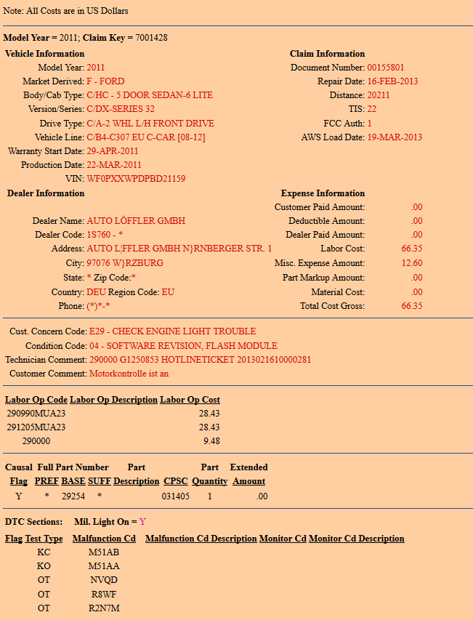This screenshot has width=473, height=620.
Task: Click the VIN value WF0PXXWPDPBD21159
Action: coord(136,178)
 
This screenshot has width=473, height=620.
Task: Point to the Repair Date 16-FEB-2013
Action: coord(392,81)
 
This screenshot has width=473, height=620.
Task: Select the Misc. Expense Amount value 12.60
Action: coord(411,263)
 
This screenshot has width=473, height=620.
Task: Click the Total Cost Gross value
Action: coord(411,306)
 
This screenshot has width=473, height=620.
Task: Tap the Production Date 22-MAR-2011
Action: coord(114,165)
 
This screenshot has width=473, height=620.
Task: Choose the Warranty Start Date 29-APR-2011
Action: coord(113,151)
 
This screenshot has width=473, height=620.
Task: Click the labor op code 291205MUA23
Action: coord(36,427)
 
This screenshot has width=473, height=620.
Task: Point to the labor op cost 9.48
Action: coord(211,441)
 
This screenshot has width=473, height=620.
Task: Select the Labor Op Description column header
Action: coord(113,400)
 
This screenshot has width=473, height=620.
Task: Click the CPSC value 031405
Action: coord(176,496)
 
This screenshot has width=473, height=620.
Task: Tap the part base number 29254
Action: coord(73,496)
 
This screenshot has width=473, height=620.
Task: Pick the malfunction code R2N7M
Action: coord(104,608)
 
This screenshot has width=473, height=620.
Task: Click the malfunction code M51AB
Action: coord(104,552)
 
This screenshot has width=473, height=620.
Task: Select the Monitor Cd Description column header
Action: coord(356,539)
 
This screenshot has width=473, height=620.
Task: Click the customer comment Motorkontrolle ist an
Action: coord(129,374)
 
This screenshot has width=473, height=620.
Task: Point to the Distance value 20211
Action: coord(379,95)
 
